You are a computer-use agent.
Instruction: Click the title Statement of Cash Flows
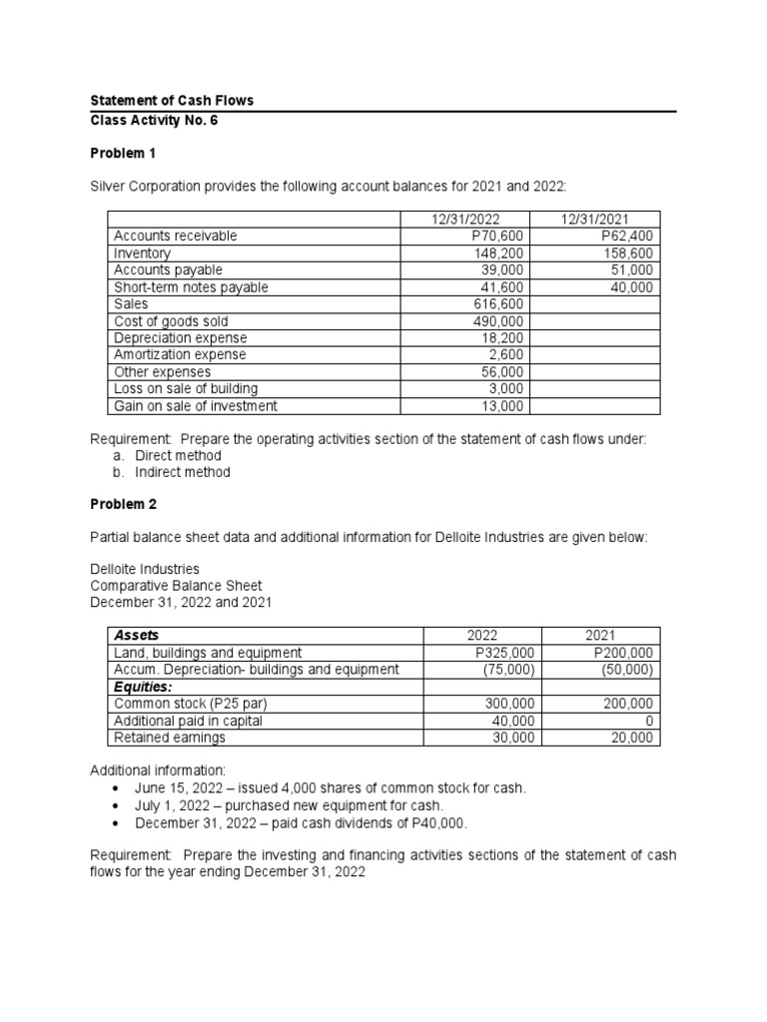pos(172,101)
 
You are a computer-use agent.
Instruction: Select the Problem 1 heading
pos(124,154)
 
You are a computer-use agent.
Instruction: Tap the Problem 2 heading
pos(124,505)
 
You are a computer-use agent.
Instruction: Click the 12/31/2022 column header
pos(467,220)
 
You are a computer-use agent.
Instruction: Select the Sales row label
pos(130,304)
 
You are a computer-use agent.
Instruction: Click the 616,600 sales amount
pos(500,304)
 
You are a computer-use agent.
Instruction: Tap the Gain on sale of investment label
pos(195,406)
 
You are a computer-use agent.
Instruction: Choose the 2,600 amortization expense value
pos(508,355)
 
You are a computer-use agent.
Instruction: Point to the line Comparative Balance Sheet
pos(176,586)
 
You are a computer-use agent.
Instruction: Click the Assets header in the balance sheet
pos(137,635)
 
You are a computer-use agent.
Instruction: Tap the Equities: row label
pos(143,687)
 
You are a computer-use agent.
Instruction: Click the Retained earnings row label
pos(169,738)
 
